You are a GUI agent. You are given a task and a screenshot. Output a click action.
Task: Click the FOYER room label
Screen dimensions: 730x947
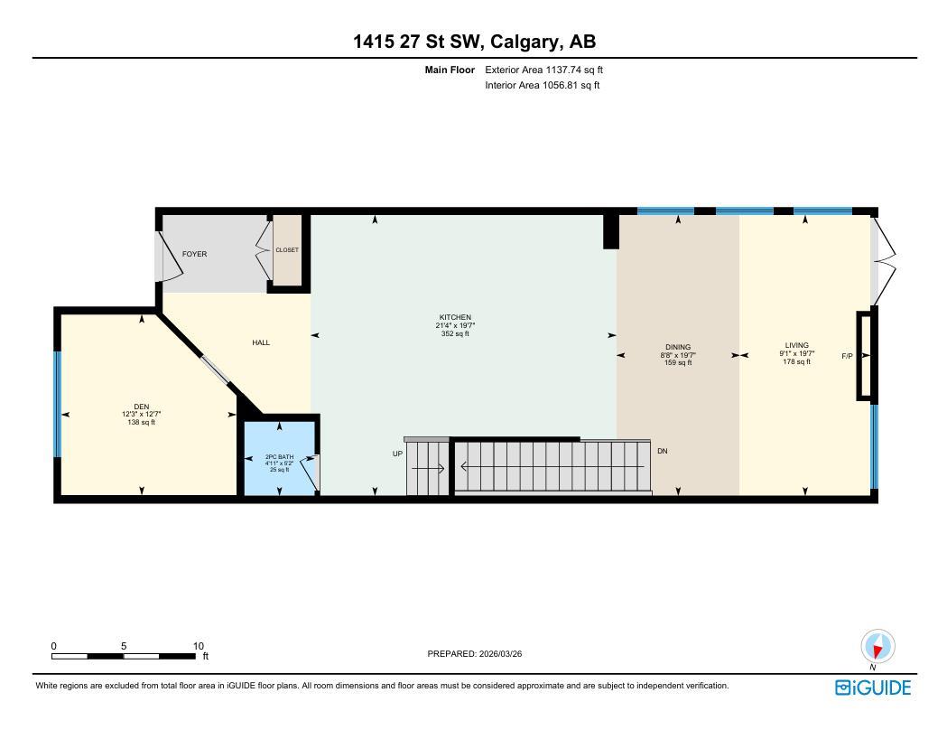pyautogui.click(x=194, y=254)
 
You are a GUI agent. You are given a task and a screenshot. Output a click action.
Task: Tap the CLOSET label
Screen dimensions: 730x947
pyautogui.click(x=287, y=250)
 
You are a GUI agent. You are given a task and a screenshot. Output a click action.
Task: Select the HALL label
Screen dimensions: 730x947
pyautogui.click(x=261, y=342)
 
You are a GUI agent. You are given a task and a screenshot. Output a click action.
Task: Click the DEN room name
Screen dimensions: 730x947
pyautogui.click(x=142, y=406)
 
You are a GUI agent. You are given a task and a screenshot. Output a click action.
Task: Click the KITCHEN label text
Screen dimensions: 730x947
pyautogui.click(x=455, y=317)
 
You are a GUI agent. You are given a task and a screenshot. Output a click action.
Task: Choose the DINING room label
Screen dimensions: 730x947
pyautogui.click(x=678, y=347)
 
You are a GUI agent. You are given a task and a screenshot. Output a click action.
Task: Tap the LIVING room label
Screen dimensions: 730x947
pyautogui.click(x=796, y=345)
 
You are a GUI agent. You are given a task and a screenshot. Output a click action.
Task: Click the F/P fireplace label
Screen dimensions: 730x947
pyautogui.click(x=847, y=356)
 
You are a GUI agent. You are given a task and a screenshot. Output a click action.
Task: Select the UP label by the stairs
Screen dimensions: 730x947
pyautogui.click(x=397, y=454)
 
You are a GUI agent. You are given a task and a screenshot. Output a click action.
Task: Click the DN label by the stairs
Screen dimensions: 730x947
pyautogui.click(x=663, y=451)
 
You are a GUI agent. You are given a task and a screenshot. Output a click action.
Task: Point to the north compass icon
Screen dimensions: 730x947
pyautogui.click(x=877, y=648)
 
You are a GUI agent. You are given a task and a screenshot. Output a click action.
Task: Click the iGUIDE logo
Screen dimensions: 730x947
pyautogui.click(x=873, y=688)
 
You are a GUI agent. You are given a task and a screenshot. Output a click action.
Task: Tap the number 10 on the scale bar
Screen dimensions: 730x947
pyautogui.click(x=199, y=646)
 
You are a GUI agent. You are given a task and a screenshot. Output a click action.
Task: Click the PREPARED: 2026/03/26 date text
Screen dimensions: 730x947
pyautogui.click(x=474, y=653)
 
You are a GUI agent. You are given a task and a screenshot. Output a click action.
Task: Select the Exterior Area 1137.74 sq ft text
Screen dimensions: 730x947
pyautogui.click(x=543, y=70)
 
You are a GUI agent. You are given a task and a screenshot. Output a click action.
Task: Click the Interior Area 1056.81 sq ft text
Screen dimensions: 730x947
pyautogui.click(x=543, y=86)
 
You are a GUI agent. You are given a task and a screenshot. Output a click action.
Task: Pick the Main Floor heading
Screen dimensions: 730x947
pyautogui.click(x=450, y=70)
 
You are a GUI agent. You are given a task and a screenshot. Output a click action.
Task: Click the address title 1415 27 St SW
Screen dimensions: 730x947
pyautogui.click(x=474, y=42)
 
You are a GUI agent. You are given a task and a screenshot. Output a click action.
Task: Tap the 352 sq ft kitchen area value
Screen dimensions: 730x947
pyautogui.click(x=455, y=333)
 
